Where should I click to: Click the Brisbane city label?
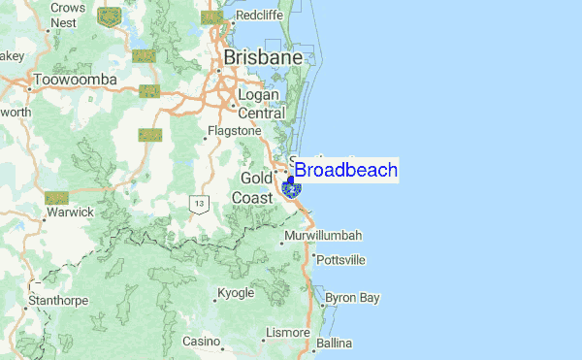263,58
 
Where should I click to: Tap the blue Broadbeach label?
345,171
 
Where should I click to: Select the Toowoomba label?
75,79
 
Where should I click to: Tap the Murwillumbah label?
322,236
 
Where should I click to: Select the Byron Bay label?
352,298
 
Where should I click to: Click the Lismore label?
288,332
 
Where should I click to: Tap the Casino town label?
202,342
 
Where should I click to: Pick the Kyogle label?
235,292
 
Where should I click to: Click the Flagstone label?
234,130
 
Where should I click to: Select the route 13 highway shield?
198,203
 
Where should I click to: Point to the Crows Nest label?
68,15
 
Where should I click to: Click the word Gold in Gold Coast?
257,180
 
